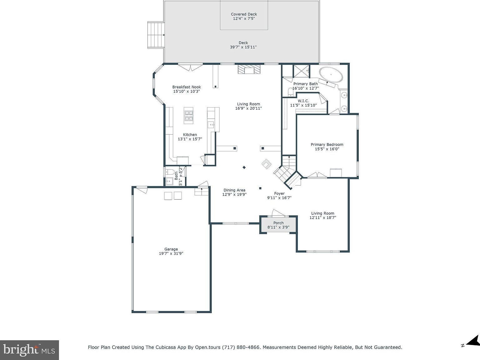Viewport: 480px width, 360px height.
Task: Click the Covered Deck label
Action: (x=244, y=14)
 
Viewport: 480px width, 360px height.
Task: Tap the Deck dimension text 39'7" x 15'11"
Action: (x=243, y=47)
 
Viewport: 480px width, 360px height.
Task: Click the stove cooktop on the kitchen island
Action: (x=189, y=116)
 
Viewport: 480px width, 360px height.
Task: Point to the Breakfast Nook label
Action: (x=187, y=87)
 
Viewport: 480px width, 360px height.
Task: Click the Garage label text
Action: (x=171, y=249)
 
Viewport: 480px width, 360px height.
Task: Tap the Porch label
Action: (x=278, y=223)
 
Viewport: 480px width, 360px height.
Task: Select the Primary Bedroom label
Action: (x=327, y=144)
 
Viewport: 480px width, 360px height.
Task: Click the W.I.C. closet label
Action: (x=303, y=101)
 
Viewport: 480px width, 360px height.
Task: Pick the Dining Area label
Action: (x=234, y=190)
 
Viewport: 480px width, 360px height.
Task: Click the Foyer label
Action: (x=279, y=193)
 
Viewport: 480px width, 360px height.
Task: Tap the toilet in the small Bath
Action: (x=170, y=172)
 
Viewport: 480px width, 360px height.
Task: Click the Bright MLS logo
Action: (x=29, y=349)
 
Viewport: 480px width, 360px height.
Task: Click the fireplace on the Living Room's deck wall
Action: (x=249, y=69)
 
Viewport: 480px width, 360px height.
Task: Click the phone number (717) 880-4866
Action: (x=241, y=347)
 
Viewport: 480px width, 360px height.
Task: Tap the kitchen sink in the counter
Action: (x=212, y=125)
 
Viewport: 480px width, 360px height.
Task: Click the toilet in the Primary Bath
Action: (x=290, y=92)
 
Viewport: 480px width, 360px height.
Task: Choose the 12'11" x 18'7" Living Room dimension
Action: (x=322, y=218)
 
